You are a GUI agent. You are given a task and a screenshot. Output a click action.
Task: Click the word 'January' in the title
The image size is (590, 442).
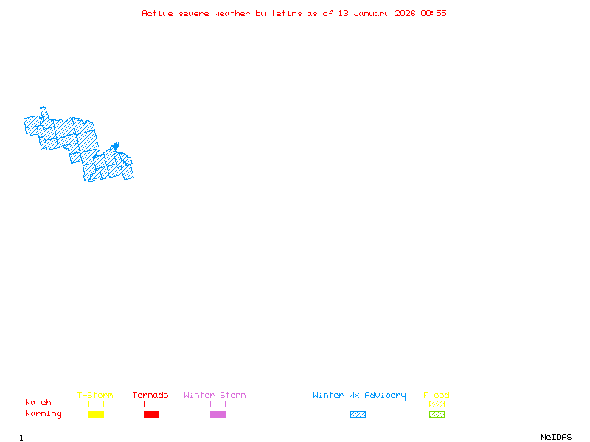pos(372,14)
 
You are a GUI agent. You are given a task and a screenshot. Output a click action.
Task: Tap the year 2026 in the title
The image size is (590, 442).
pos(405,13)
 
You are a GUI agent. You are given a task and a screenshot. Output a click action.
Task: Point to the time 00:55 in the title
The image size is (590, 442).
pos(434,13)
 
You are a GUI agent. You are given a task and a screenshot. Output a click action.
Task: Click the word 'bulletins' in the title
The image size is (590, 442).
pos(279,13)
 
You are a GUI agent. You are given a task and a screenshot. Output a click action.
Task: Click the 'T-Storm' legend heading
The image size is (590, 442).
pos(95,395)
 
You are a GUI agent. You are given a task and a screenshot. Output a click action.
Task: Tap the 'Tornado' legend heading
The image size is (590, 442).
pos(150,395)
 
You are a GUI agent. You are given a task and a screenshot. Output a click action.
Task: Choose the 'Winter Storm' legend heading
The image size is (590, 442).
pos(215,395)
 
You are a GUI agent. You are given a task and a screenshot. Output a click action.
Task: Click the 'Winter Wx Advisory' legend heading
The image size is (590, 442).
pos(359,396)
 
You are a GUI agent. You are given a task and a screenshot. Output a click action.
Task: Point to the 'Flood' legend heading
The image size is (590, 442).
pos(437,395)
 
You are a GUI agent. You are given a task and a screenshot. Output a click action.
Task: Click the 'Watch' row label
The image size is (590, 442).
pos(38,402)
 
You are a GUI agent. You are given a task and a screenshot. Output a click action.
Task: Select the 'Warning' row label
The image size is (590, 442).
pos(44,414)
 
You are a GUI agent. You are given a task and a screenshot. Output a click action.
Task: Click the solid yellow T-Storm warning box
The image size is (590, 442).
pos(97,414)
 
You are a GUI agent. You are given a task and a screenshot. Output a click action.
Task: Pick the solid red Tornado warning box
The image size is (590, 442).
pos(152,414)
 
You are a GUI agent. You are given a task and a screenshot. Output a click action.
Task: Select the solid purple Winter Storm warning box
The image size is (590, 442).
pos(218,414)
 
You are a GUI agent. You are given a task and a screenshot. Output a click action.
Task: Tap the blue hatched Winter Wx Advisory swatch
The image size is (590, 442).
pos(358,414)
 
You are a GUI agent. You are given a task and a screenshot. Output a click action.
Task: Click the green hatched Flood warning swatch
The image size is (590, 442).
pos(437,414)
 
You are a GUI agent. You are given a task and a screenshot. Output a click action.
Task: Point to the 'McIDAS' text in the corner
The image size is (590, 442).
pos(556,437)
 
